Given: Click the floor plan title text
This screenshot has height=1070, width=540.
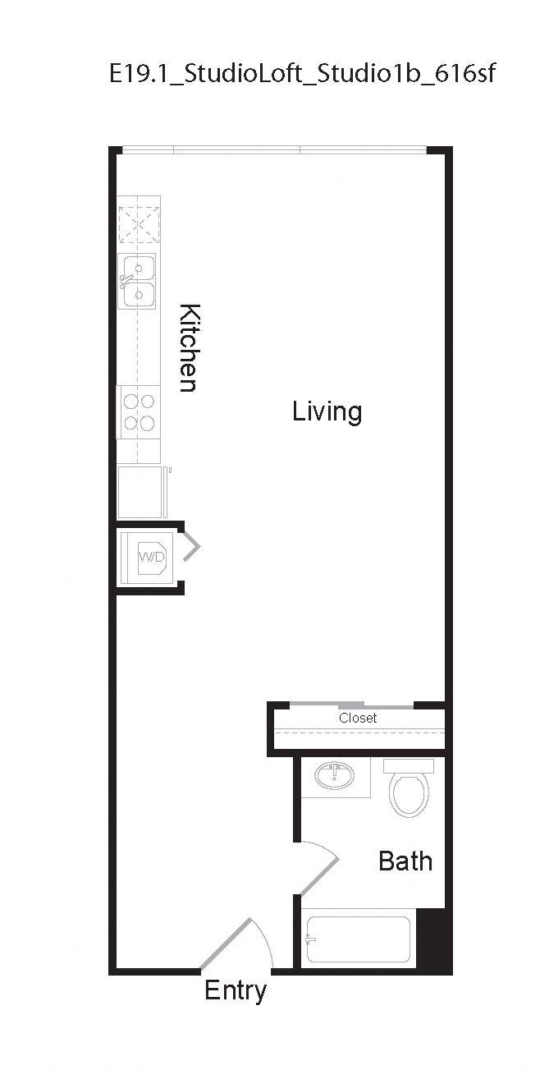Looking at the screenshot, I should tap(303, 74).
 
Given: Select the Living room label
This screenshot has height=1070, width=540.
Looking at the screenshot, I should tap(327, 411).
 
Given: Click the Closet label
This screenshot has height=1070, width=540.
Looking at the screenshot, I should tap(358, 718).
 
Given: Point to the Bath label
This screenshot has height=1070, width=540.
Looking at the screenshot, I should tap(405, 861).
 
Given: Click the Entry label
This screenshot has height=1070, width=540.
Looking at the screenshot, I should tap(235, 990).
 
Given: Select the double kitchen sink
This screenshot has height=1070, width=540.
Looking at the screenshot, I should tap(138, 282).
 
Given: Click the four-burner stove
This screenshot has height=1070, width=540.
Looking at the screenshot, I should tap(138, 412).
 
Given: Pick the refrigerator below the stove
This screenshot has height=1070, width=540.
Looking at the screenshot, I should tap(140, 492).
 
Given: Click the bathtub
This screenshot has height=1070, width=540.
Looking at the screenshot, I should tap(358, 939).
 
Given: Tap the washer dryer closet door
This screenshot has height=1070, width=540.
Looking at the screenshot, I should tap(191, 546).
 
